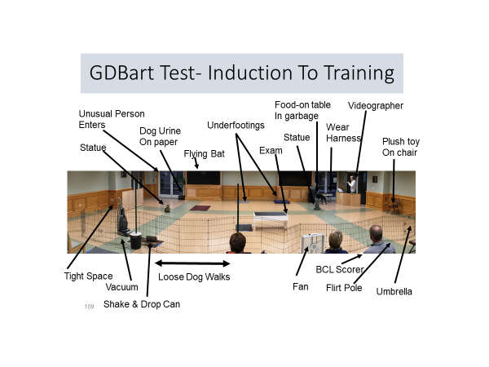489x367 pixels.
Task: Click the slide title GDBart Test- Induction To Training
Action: point(242,73)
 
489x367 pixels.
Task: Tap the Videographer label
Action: point(376,106)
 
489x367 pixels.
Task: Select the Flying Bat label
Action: point(204,154)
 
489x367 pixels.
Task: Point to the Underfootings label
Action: point(236,125)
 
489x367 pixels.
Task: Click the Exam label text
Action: point(271,150)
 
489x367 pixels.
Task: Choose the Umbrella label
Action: point(394,291)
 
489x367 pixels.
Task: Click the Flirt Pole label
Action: point(344,288)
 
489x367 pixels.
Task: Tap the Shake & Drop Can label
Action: point(142,304)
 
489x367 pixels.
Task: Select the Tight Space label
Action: point(88,276)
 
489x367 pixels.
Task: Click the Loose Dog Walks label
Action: point(194,276)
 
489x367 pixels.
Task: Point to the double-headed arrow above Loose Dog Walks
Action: point(192,263)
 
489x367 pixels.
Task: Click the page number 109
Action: point(89,307)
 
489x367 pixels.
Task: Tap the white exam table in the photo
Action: point(271,219)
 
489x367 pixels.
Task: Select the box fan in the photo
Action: point(313,243)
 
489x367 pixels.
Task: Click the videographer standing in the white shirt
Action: point(352,184)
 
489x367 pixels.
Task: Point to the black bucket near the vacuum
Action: point(135,241)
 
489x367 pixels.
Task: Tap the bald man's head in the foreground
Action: point(376,232)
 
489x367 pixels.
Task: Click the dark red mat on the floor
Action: point(200,208)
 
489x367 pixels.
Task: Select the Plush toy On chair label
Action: point(401,147)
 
